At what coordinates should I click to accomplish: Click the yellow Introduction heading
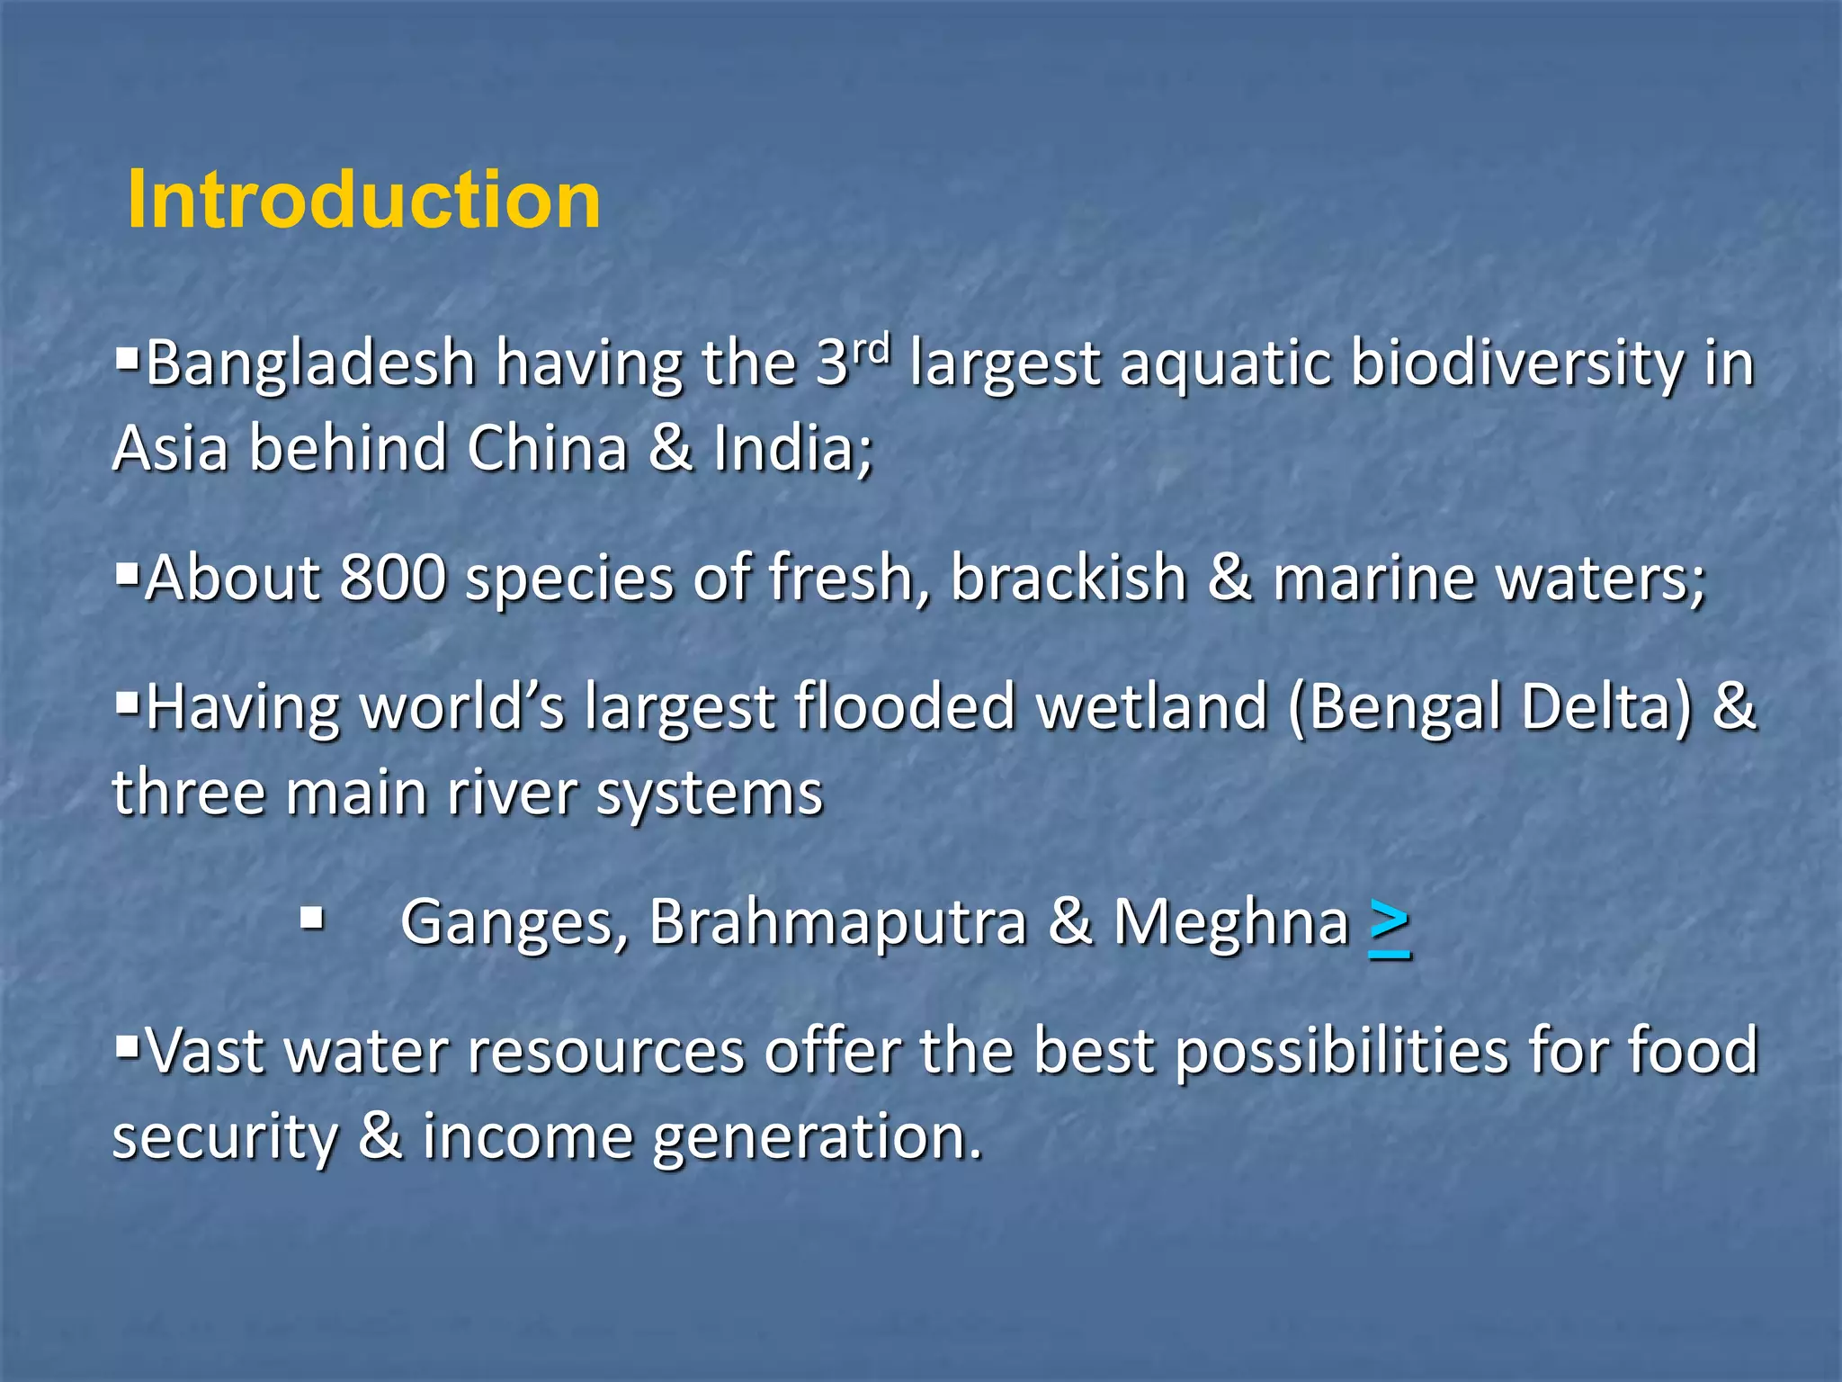[364, 200]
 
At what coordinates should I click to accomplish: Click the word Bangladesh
[310, 364]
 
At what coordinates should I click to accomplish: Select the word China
[547, 448]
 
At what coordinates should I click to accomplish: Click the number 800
[393, 577]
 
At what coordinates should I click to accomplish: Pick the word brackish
[1069, 577]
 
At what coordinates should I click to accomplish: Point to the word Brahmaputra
[837, 923]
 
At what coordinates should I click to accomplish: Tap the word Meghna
[1231, 923]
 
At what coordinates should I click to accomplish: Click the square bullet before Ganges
[312, 919]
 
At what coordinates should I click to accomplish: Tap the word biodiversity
[1516, 364]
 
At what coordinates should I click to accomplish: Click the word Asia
[171, 448]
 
